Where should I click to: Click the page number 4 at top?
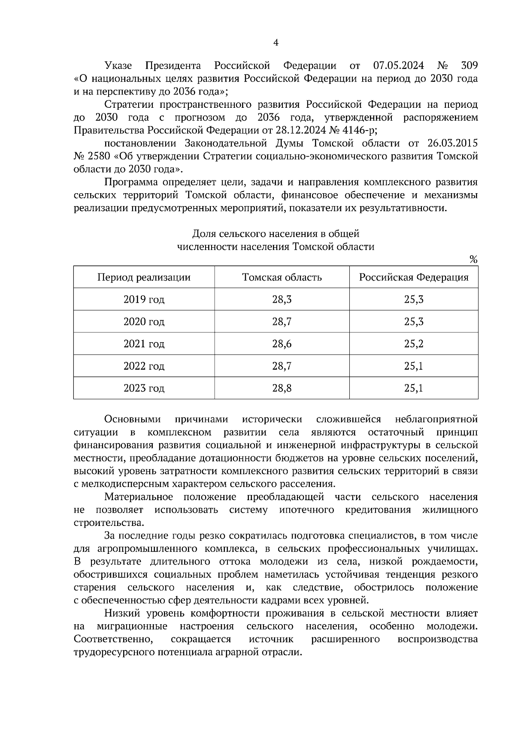[276, 43]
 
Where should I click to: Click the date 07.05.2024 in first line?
[398, 66]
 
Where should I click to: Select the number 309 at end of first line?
[469, 66]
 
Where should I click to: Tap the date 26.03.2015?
[453, 143]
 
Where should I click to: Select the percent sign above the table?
[473, 259]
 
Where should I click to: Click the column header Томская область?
[282, 277]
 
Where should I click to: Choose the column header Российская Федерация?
[414, 277]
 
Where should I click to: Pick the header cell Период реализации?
[144, 277]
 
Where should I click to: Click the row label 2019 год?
[144, 300]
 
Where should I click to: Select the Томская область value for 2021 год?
[282, 344]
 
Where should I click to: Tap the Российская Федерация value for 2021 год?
[414, 344]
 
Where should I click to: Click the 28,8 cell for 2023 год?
[282, 389]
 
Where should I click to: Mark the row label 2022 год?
[144, 366]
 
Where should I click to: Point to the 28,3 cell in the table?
[282, 300]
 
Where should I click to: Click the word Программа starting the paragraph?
[131, 182]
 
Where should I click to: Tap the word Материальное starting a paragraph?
[139, 497]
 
